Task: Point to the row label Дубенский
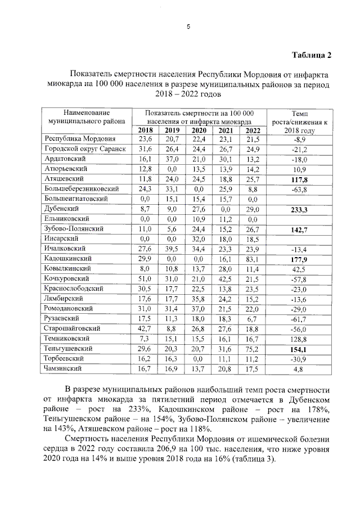[x=61, y=209]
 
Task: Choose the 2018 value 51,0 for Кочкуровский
[x=145, y=279]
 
